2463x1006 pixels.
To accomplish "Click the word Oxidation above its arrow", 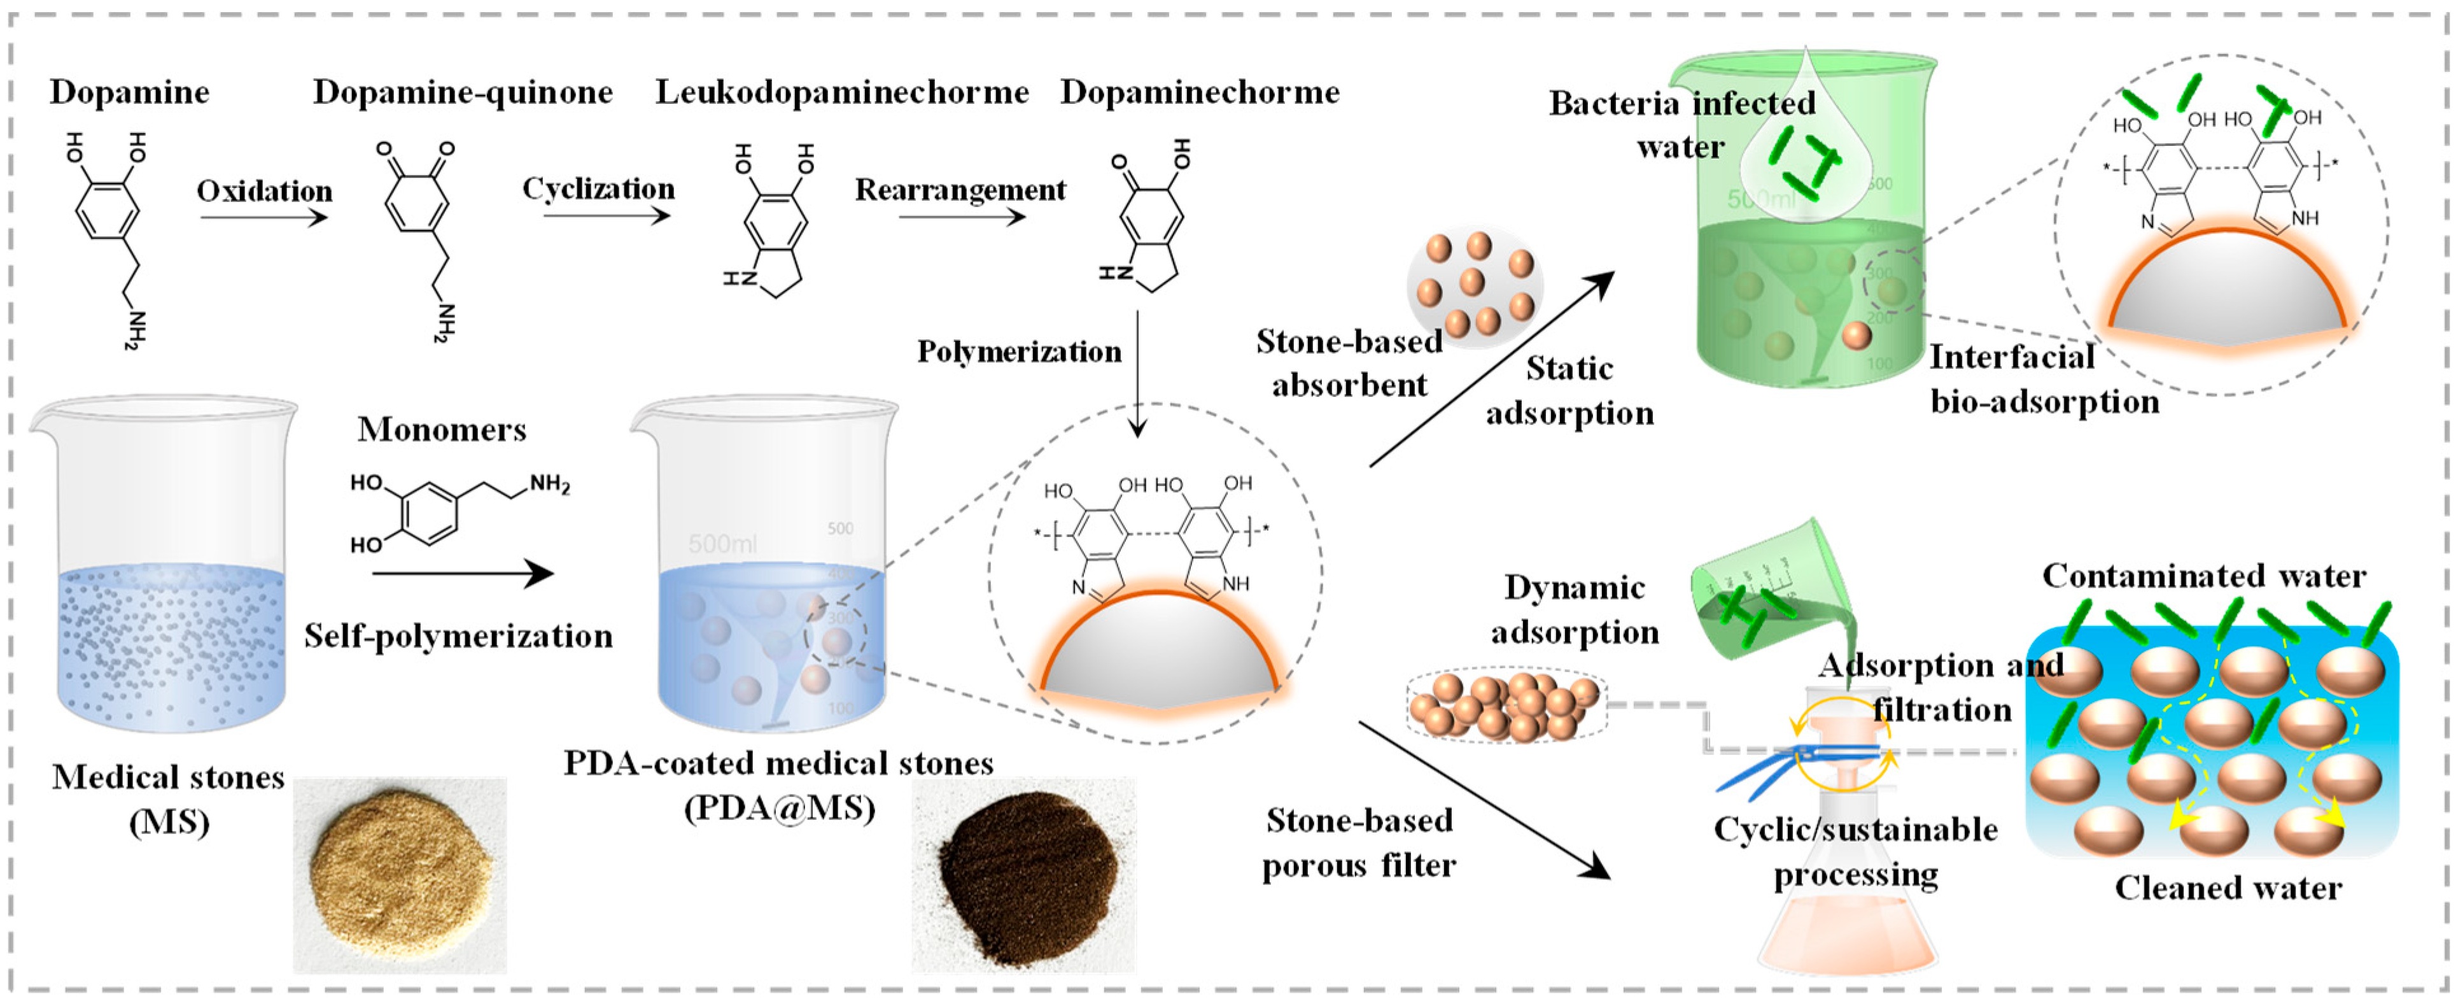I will coord(265,191).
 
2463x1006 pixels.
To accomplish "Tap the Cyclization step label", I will coord(598,188).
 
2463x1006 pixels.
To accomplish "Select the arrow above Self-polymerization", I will coord(463,574).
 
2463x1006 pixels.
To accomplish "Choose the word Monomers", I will coord(442,429).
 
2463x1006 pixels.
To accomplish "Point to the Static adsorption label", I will coord(1569,390).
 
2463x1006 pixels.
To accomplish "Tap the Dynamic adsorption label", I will coord(1575,609).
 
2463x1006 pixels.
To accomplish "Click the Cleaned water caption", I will coord(2228,888).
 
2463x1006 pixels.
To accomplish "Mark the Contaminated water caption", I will coord(2204,576).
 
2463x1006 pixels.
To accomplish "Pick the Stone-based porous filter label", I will coord(1359,842).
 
